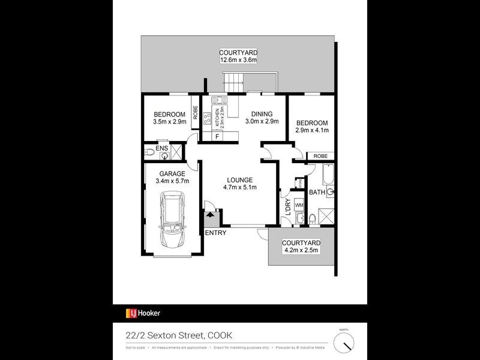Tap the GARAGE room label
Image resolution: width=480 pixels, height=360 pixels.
click(172, 173)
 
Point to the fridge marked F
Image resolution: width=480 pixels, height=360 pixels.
click(217, 136)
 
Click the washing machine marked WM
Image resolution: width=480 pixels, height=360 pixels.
click(299, 206)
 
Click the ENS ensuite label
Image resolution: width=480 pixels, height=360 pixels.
click(161, 148)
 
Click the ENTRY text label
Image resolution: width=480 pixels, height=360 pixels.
click(215, 233)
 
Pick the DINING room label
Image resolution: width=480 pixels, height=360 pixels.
click(262, 114)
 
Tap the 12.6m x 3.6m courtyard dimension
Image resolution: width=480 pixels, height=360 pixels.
click(238, 60)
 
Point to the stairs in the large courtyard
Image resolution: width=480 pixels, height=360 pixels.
click(232, 79)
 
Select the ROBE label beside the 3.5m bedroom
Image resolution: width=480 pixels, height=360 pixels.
click(195, 113)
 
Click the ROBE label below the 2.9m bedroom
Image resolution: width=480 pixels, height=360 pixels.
click(320, 155)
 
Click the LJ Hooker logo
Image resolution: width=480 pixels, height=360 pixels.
click(143, 313)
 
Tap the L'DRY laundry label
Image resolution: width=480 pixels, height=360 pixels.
click(288, 208)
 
